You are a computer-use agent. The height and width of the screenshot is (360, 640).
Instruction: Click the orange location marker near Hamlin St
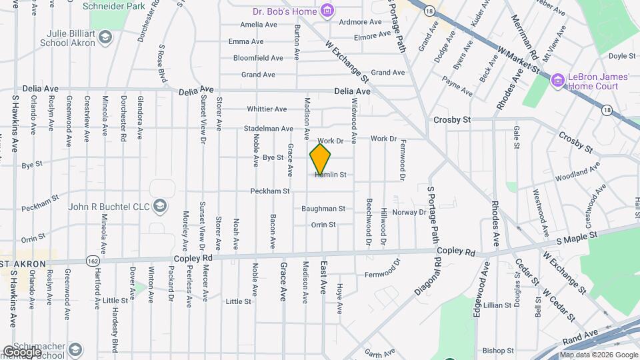[x=320, y=159]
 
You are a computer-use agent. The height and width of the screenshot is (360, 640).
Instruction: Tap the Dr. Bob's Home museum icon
[x=327, y=10]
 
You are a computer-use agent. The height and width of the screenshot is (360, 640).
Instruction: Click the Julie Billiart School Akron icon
[x=105, y=37]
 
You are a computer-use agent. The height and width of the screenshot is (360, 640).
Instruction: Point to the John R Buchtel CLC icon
[x=159, y=205]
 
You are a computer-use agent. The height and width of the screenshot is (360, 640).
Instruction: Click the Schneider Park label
[x=104, y=6]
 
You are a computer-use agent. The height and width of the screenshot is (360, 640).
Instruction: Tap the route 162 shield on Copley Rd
[x=91, y=260]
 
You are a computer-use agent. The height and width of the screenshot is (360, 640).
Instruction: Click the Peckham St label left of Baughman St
[x=269, y=191]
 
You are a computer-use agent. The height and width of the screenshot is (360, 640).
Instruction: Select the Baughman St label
[x=323, y=209]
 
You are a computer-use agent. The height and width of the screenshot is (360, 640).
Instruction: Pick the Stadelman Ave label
[x=269, y=129]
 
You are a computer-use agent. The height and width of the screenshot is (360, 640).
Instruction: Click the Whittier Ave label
[x=267, y=109]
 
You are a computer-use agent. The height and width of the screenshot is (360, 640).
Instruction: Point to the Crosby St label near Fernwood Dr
[x=452, y=120]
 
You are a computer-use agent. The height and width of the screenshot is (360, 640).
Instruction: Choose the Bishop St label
[x=498, y=350]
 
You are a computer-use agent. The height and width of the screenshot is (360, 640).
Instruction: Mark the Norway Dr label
[x=409, y=212]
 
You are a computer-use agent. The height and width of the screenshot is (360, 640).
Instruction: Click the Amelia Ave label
[x=259, y=25]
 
